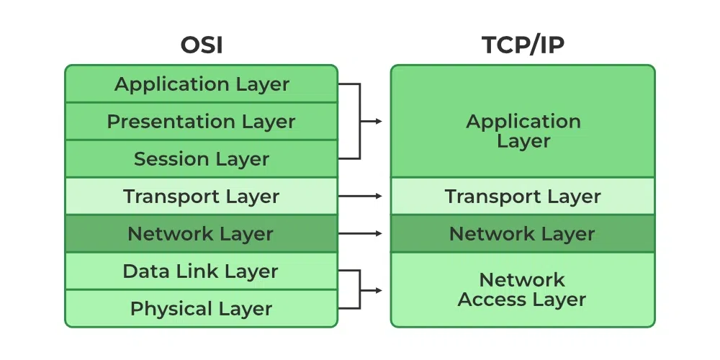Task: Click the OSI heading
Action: [x=201, y=45]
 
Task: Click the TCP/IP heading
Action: [x=523, y=45]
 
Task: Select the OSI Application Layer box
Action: [x=201, y=84]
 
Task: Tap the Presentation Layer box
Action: [x=201, y=122]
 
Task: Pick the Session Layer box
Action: [x=201, y=159]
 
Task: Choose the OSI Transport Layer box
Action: [x=201, y=196]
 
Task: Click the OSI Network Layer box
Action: [x=201, y=233]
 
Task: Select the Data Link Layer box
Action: [x=201, y=271]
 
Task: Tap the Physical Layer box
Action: [x=201, y=309]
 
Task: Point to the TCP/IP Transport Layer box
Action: [x=523, y=196]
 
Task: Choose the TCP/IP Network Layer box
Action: [x=523, y=233]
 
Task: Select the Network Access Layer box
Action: [x=523, y=289]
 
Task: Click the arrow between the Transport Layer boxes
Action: [x=360, y=196]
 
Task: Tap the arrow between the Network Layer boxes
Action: [x=360, y=233]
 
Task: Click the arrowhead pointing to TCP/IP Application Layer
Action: [x=378, y=121]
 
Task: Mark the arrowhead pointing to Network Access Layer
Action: [x=378, y=290]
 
